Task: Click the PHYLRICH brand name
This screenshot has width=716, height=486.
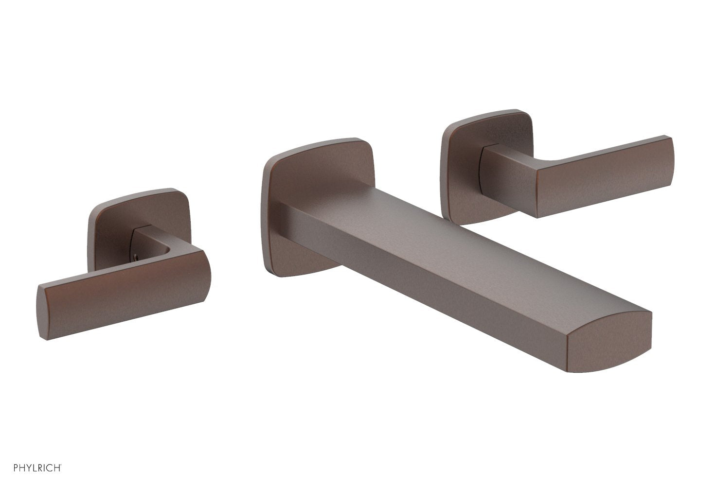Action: click(x=32, y=469)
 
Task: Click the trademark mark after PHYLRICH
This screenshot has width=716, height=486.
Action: click(x=60, y=466)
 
